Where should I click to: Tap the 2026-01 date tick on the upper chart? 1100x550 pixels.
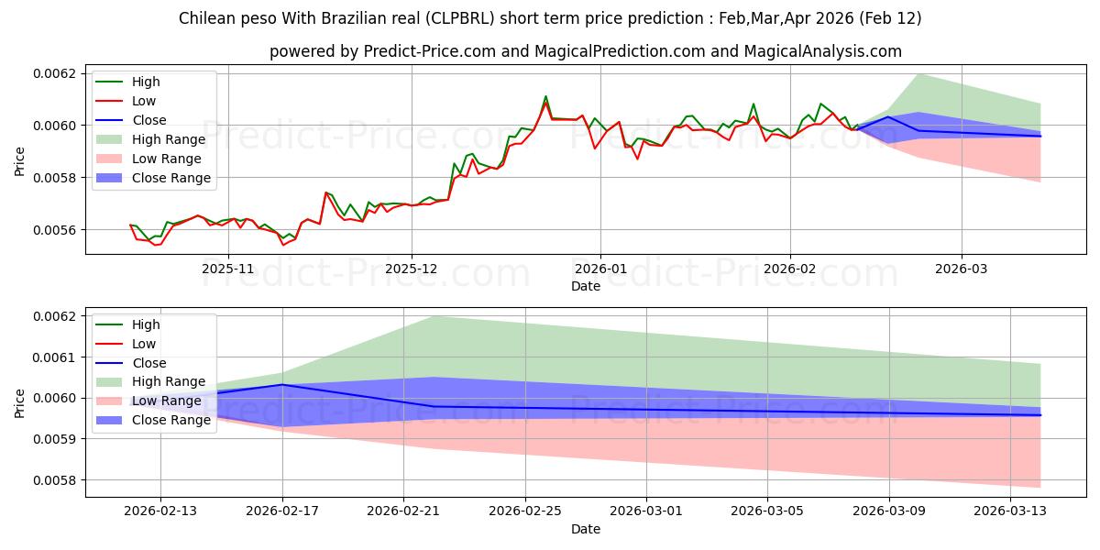point(600,269)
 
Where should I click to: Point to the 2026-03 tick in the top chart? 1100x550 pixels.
point(962,269)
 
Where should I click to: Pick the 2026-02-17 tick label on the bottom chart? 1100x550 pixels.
point(282,511)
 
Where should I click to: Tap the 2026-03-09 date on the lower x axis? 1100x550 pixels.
point(889,511)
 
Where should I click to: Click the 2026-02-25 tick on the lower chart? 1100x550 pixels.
point(525,511)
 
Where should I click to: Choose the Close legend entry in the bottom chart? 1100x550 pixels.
point(149,363)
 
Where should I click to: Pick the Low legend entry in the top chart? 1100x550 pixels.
point(144,101)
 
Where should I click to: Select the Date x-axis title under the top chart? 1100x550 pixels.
point(586,286)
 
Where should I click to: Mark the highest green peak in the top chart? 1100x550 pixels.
point(545,96)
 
